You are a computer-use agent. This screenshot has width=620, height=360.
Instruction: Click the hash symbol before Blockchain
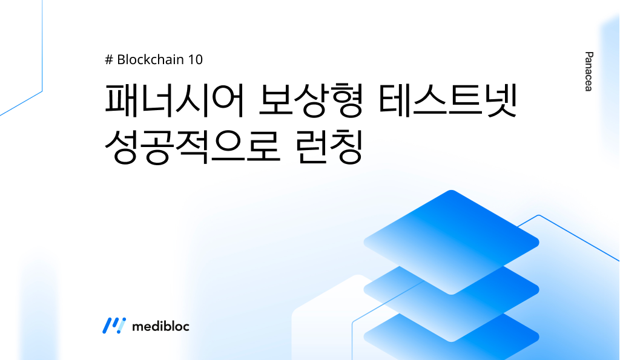point(109,60)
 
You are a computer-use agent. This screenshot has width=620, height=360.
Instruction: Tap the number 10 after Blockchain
point(196,60)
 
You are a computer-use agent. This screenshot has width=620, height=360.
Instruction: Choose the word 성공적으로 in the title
point(191,146)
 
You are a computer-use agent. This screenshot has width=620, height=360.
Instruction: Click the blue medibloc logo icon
point(114,326)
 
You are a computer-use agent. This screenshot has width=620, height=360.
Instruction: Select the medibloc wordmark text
point(160,326)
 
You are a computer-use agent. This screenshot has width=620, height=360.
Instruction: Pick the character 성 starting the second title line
point(122,146)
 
